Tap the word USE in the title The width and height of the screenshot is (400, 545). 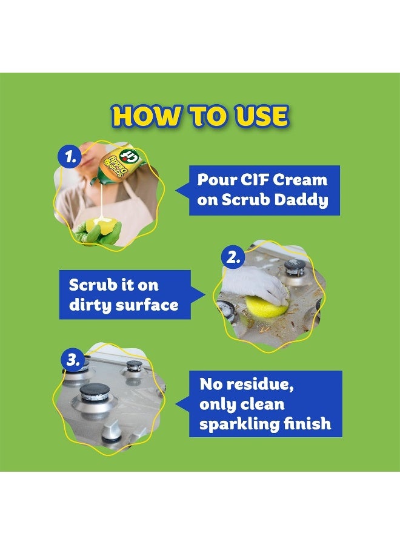point(258,116)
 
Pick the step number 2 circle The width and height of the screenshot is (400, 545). point(233,257)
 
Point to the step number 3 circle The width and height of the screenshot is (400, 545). point(73,360)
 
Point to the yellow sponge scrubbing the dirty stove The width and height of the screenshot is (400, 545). point(261,308)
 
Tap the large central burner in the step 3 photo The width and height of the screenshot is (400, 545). point(95,395)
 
